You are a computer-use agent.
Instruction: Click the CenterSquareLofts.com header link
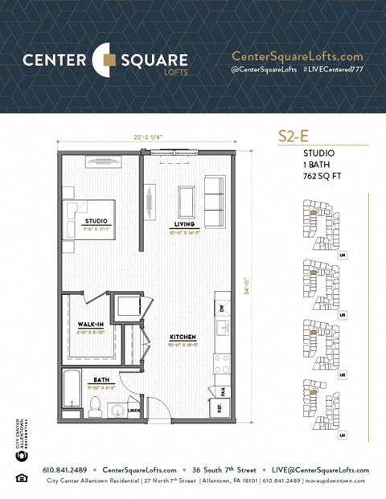[x=297, y=56]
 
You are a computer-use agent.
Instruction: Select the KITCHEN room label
[x=183, y=337]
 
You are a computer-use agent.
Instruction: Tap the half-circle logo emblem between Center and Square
[x=105, y=59]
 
